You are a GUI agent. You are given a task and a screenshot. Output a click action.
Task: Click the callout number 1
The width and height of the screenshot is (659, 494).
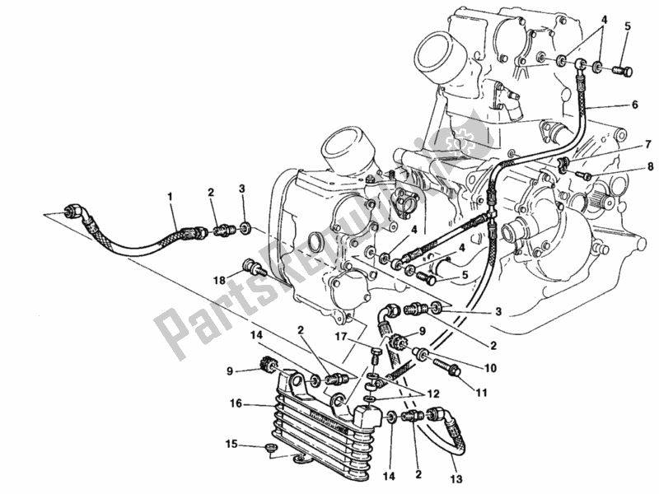click(170, 196)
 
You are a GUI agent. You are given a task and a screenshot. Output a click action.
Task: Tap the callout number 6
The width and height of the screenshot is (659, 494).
click(634, 105)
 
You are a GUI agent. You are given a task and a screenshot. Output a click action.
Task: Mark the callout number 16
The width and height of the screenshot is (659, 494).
click(236, 403)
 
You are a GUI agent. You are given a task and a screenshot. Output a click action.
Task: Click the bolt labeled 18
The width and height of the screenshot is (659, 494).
click(251, 268)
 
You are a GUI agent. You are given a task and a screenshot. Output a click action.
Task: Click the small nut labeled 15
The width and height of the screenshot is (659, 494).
click(269, 450)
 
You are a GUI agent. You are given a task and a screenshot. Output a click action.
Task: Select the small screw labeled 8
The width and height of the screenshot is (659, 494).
click(587, 175)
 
